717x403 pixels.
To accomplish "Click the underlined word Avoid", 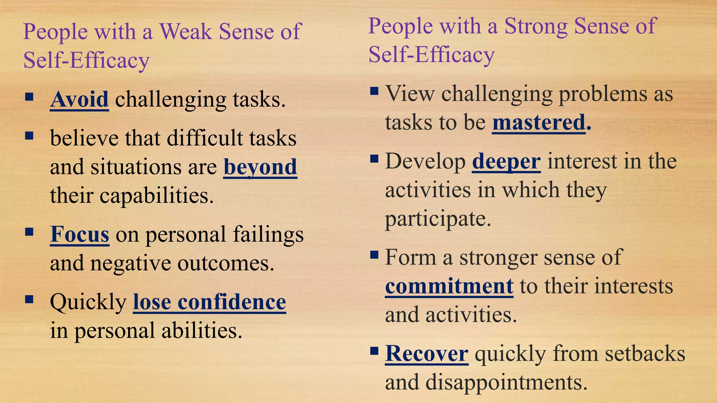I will pyautogui.click(x=79, y=100).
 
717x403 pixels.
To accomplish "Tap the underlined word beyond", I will pyautogui.click(x=260, y=167).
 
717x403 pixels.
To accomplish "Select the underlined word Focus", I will pyautogui.click(x=79, y=234).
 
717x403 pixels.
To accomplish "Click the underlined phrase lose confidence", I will pyautogui.click(x=209, y=302).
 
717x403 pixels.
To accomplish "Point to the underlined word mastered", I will pyautogui.click(x=539, y=123).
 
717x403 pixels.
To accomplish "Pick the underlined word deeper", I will pyautogui.click(x=506, y=162).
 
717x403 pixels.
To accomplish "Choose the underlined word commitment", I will pyautogui.click(x=449, y=286).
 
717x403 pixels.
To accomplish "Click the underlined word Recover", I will pyautogui.click(x=427, y=354).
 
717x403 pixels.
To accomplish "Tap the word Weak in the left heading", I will pyautogui.click(x=186, y=31).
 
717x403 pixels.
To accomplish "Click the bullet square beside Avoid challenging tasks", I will pyautogui.click(x=29, y=97).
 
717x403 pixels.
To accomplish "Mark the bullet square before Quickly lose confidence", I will pyautogui.click(x=29, y=299).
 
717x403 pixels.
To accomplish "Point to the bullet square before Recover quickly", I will pyautogui.click(x=374, y=351).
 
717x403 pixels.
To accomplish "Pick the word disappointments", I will pyautogui.click(x=506, y=382).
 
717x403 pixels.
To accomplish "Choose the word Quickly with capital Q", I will pyautogui.click(x=88, y=303).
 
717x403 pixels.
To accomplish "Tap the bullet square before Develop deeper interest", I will pyautogui.click(x=374, y=159).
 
